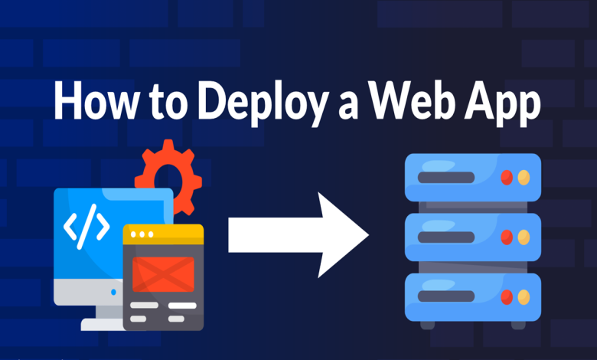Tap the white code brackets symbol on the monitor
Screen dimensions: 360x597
point(86,226)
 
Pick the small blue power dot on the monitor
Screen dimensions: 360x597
point(114,292)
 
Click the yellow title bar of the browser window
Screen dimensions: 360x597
point(163,234)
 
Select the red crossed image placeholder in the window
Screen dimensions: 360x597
point(163,273)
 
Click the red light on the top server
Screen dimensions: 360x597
point(506,178)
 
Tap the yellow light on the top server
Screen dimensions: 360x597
point(524,178)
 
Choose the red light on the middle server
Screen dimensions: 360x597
point(506,237)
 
